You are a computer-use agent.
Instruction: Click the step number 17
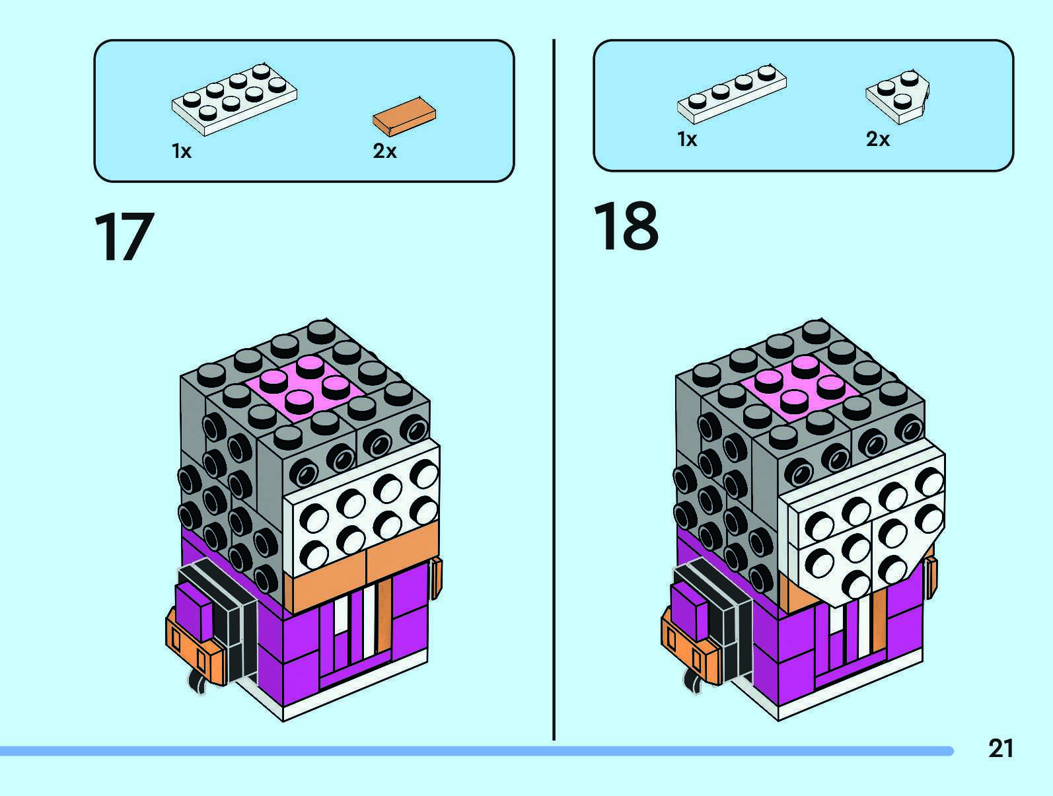pyautogui.click(x=124, y=237)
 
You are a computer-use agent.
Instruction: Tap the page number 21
pyautogui.click(x=1000, y=748)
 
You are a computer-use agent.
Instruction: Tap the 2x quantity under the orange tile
pyautogui.click(x=384, y=151)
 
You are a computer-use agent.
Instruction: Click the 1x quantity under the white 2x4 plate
pyautogui.click(x=181, y=151)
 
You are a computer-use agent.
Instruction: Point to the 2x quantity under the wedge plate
pyautogui.click(x=878, y=139)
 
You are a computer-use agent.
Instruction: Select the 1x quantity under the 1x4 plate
pyautogui.click(x=687, y=139)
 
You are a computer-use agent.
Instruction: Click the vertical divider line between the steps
pyautogui.click(x=554, y=390)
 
